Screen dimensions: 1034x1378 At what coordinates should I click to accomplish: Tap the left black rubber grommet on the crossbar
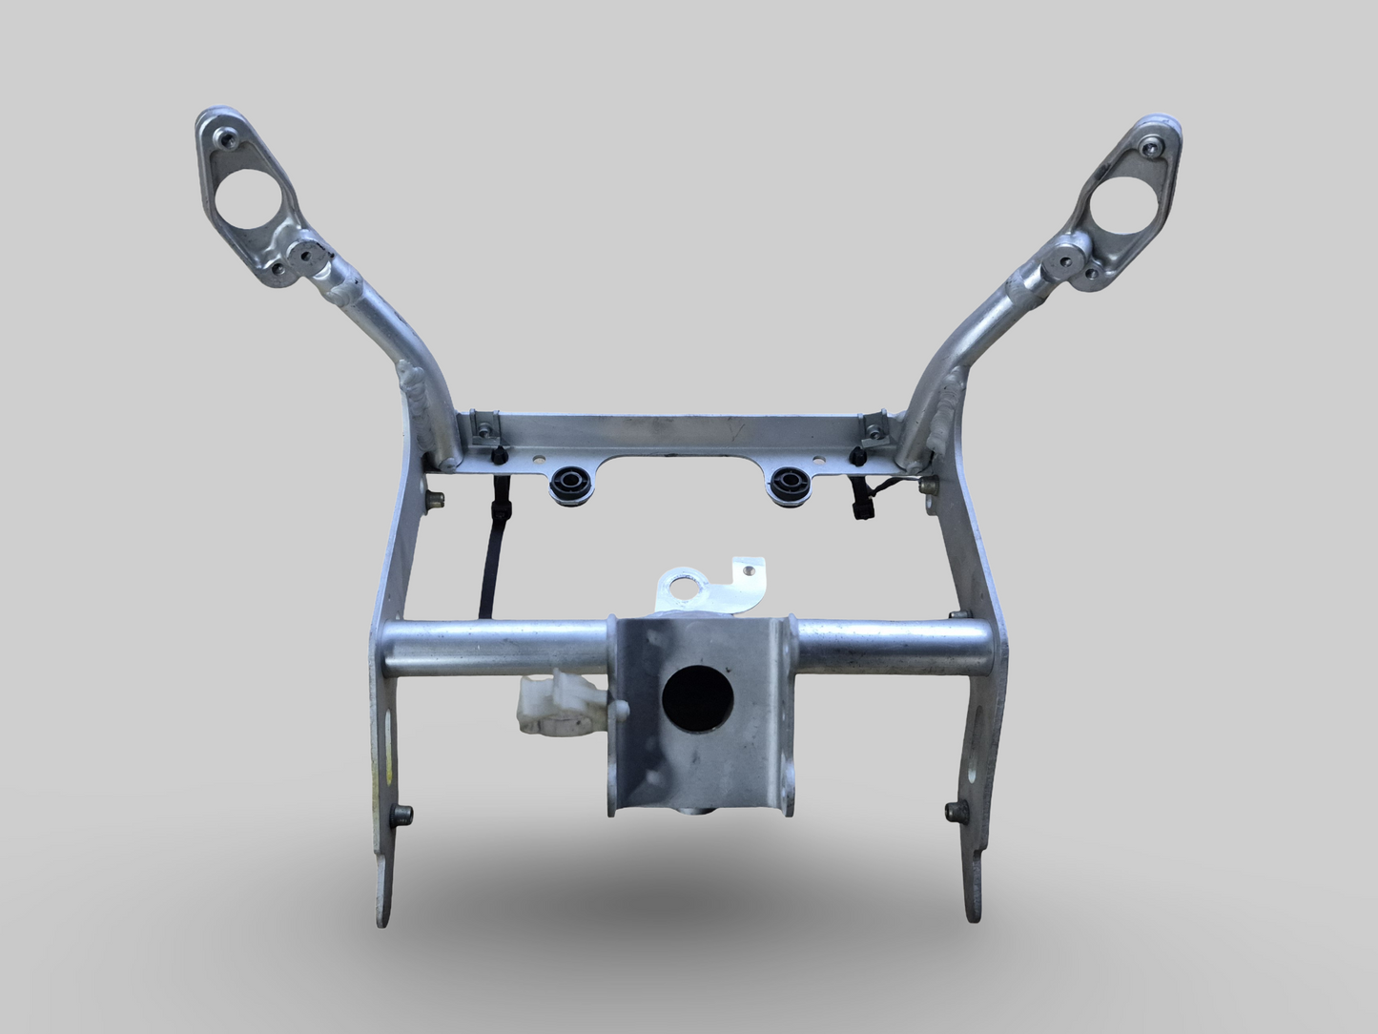click(570, 485)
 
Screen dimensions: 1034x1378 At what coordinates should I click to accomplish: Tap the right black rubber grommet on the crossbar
click(790, 485)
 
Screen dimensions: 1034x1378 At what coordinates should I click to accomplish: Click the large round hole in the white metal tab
click(685, 589)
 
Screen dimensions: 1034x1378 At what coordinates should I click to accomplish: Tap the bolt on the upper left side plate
click(436, 497)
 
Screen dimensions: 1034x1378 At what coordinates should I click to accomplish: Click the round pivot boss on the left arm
click(307, 254)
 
